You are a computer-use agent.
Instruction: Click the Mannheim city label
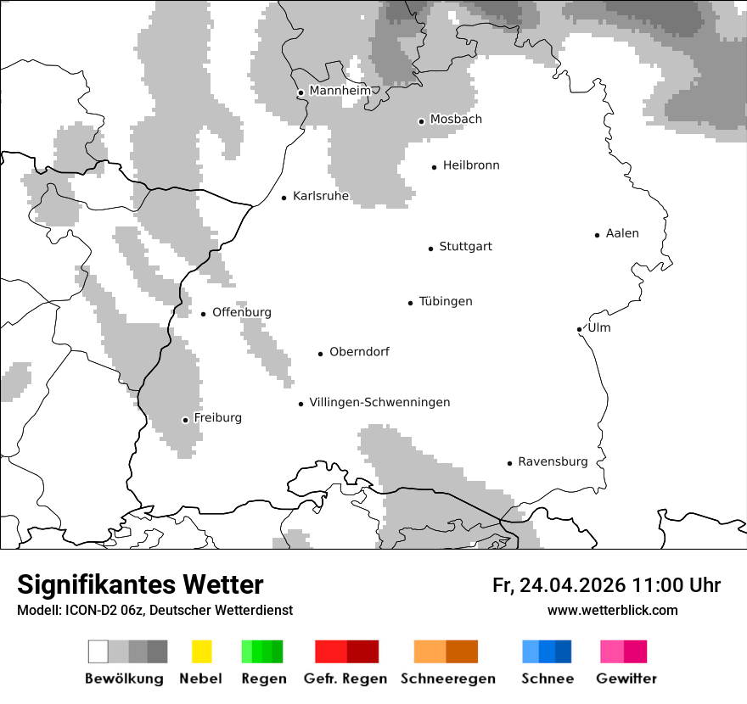340,91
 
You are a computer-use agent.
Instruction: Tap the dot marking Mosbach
421,121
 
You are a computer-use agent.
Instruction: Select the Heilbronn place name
471,165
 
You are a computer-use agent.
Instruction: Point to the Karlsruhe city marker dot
284,198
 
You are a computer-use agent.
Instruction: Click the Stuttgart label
465,247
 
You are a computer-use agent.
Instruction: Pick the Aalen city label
622,233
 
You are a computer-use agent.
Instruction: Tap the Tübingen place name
446,301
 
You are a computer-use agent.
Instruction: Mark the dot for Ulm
579,329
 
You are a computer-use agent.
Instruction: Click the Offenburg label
242,312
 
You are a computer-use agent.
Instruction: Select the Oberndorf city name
359,352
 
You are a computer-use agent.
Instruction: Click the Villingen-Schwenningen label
379,402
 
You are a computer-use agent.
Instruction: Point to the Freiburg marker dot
185,420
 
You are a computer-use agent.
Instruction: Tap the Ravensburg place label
553,461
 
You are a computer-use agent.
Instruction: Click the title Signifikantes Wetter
140,584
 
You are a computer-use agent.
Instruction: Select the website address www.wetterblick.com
612,610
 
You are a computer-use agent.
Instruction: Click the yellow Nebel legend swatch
202,651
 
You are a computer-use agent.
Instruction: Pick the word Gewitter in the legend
626,679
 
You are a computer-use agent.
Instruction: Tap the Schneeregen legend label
447,679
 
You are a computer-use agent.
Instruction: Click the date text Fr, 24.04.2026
558,585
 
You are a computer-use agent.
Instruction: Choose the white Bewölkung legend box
98,651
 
